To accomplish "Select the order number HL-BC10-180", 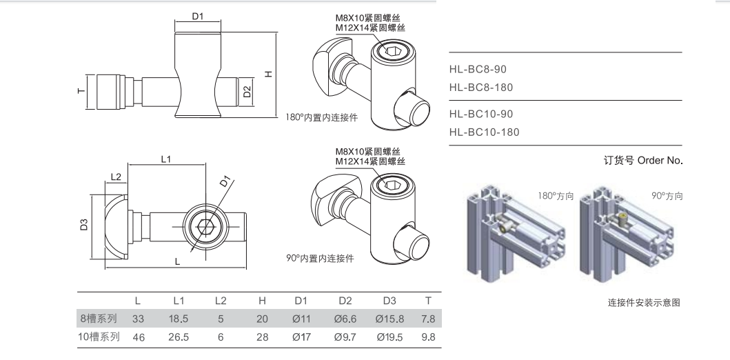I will [483, 132].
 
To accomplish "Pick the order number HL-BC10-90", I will [480, 114].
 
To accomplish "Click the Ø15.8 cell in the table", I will [390, 319].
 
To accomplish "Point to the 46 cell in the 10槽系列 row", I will [138, 338].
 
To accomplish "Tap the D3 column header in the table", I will [390, 300].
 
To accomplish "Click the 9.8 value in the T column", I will [428, 338].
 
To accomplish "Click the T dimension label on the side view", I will [80, 92].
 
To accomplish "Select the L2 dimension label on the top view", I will [115, 178].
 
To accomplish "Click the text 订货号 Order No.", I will [642, 161].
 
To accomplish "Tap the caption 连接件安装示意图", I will [644, 302].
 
